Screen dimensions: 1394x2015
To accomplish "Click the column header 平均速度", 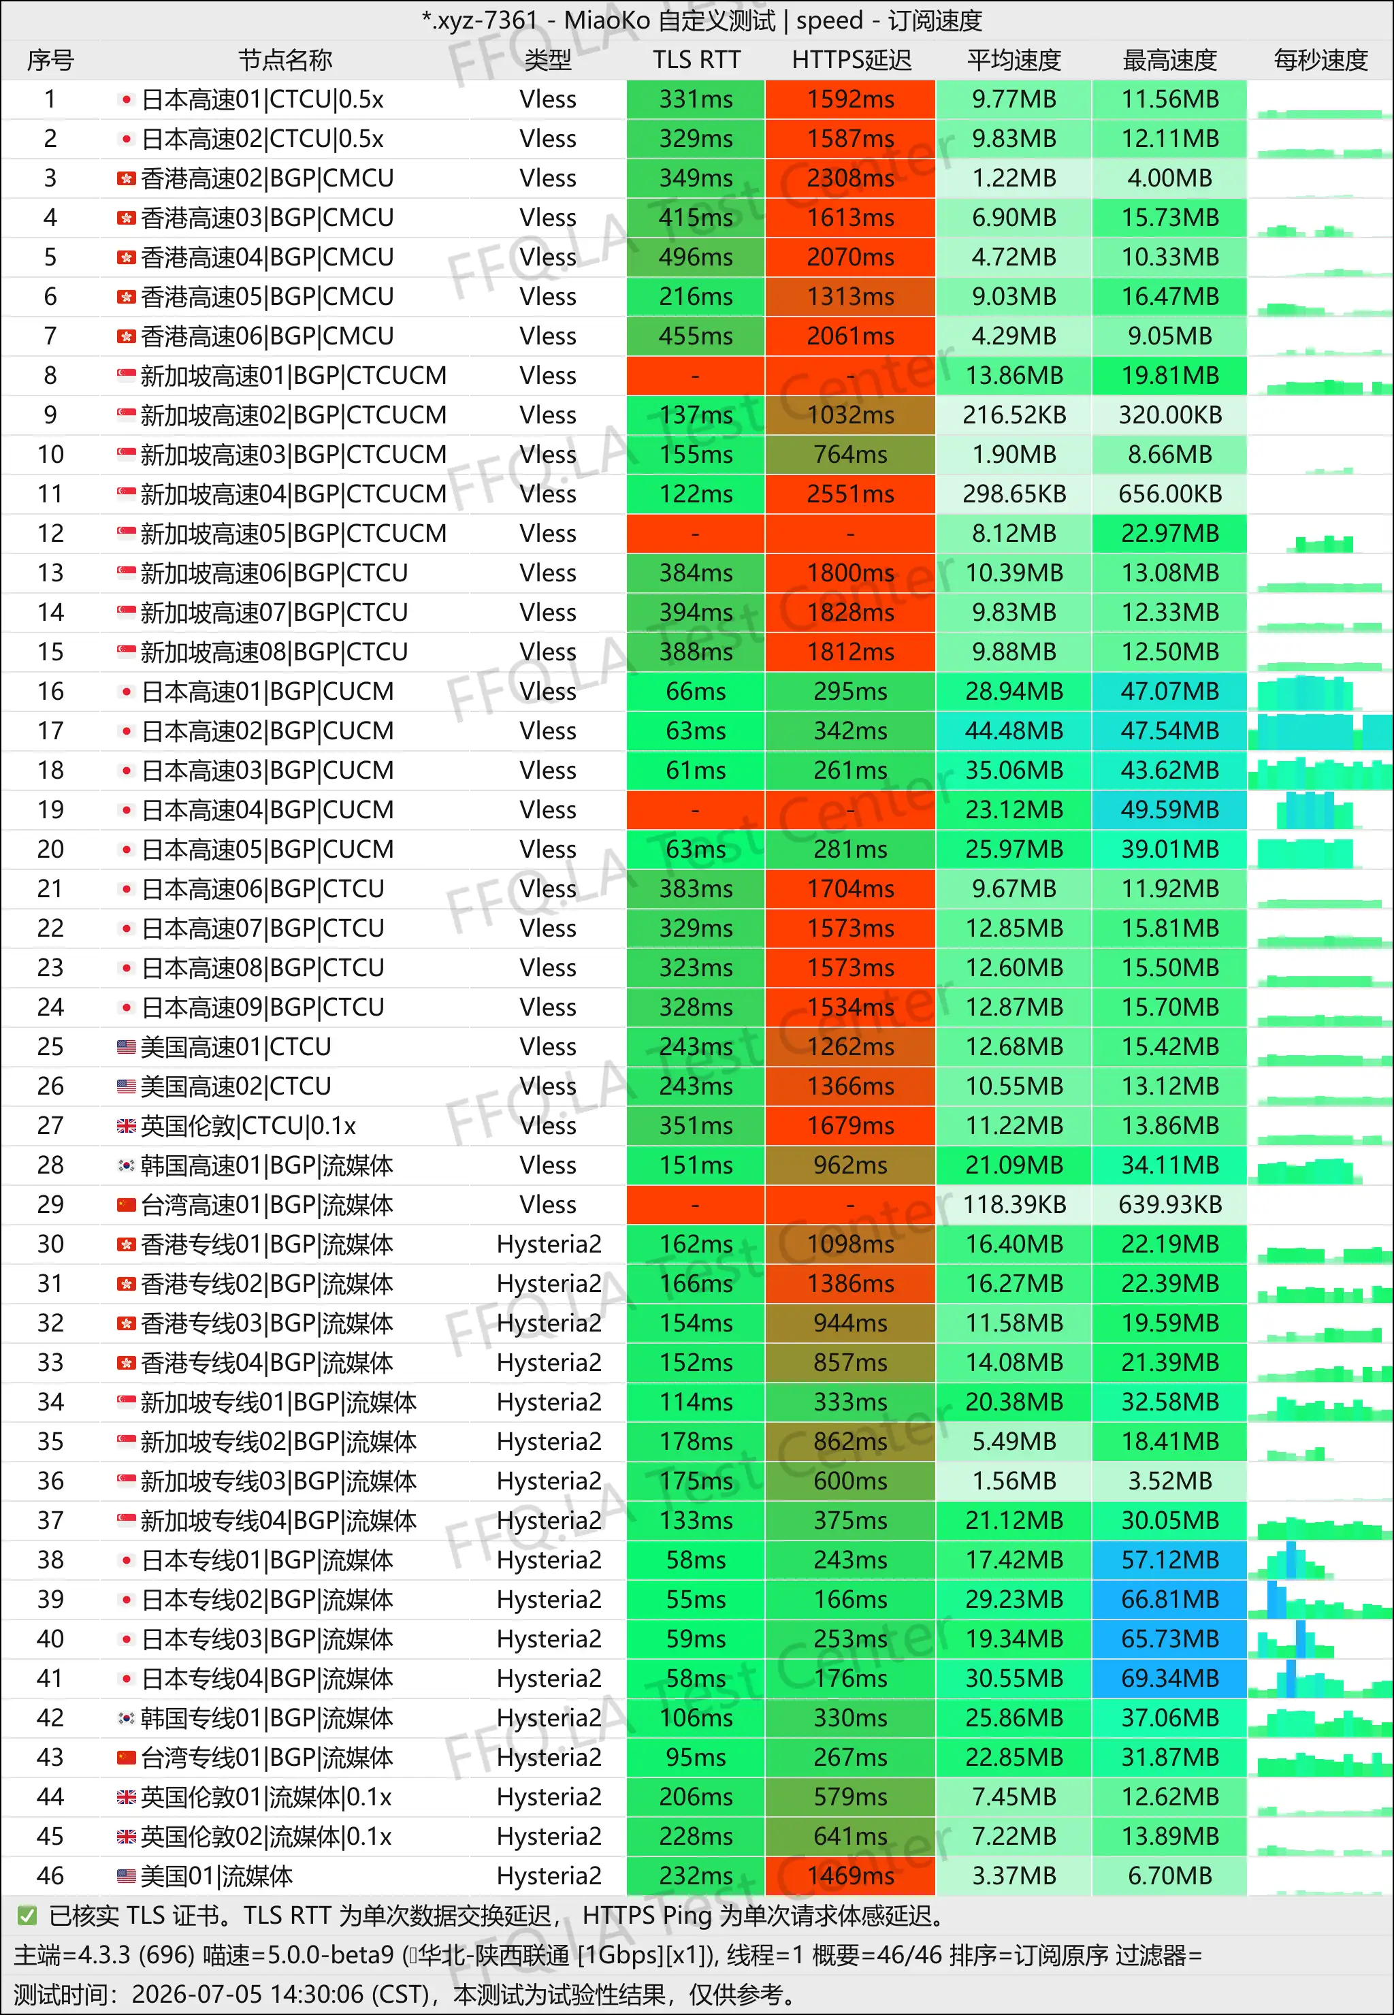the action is tap(1014, 61).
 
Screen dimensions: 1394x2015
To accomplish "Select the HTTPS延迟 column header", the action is tap(851, 61).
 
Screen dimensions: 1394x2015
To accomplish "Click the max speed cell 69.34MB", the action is tap(1169, 1678).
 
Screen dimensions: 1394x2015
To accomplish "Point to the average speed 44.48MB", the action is tap(1014, 731).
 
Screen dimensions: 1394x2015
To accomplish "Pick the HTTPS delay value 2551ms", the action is tap(851, 494).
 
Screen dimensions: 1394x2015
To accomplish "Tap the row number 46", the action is tap(50, 1875).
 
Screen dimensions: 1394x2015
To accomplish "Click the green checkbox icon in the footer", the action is tap(27, 1916).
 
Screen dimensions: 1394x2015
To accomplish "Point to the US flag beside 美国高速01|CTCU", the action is tap(127, 1046).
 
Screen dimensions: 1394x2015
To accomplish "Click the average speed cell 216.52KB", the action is tap(1014, 415).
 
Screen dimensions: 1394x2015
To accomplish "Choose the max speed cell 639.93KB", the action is tap(1169, 1204).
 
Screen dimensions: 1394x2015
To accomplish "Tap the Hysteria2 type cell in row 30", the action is tap(549, 1244).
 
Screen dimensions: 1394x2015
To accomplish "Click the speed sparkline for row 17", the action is tap(1320, 731).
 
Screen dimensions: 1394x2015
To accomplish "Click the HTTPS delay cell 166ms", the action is tap(851, 1599).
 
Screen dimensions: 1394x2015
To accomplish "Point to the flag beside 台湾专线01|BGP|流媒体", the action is tap(127, 1756).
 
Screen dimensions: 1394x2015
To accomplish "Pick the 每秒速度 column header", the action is tap(1320, 61).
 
